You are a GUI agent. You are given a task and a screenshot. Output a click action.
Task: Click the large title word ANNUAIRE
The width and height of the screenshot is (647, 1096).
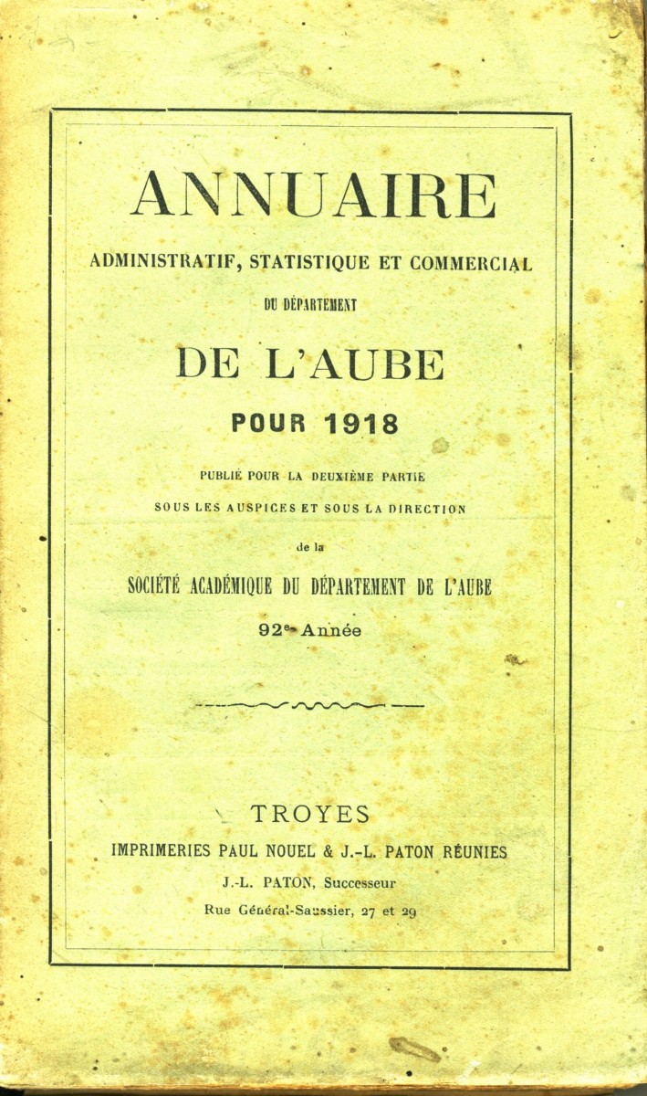click(313, 195)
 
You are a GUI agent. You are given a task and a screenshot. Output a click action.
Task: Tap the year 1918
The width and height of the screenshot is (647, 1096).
click(360, 424)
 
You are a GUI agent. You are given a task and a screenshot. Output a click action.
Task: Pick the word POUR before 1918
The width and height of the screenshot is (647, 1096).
click(272, 424)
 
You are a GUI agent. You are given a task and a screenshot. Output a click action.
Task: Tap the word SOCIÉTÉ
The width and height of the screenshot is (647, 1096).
click(157, 587)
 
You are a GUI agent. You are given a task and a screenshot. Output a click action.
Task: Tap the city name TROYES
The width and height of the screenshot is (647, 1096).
click(310, 815)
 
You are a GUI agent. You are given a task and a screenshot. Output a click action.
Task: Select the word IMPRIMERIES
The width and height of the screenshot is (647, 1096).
click(162, 851)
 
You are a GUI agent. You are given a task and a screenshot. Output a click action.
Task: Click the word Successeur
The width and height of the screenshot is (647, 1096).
click(360, 882)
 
